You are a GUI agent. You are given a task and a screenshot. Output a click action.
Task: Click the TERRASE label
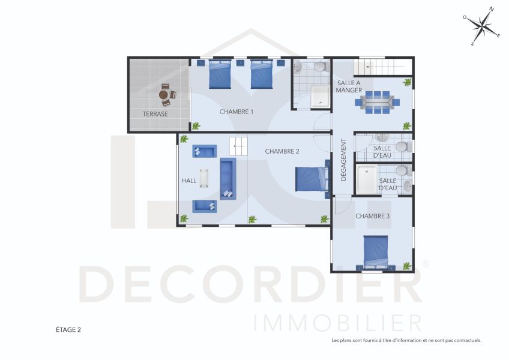(x=155, y=114)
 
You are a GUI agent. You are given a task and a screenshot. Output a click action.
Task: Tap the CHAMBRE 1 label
(x=236, y=112)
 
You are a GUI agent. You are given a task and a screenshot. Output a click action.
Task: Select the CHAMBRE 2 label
(x=282, y=151)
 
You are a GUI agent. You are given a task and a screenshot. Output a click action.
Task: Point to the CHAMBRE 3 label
(x=372, y=216)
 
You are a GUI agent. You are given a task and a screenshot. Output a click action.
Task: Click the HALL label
(x=189, y=181)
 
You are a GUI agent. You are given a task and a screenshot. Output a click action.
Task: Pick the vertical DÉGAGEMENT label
(x=343, y=160)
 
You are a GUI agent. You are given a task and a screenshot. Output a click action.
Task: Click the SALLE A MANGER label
(x=349, y=86)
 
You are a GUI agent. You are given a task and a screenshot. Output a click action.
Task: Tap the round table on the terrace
(x=163, y=95)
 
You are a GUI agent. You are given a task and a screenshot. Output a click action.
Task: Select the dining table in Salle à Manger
(x=377, y=102)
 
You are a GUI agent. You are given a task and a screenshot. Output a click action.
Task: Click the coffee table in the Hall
(x=204, y=178)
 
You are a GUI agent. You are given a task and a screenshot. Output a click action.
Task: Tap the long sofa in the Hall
(x=228, y=179)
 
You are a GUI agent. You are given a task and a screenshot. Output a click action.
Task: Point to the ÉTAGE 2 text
(x=68, y=330)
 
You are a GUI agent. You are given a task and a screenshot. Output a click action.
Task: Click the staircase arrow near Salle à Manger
(x=385, y=67)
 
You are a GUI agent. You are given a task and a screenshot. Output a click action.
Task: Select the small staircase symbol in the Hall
(x=239, y=146)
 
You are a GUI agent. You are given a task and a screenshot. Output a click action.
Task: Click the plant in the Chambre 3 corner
(x=407, y=266)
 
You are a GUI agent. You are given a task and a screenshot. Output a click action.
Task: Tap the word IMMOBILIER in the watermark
(x=337, y=323)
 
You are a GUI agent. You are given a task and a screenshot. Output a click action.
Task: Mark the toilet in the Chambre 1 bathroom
(x=321, y=67)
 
